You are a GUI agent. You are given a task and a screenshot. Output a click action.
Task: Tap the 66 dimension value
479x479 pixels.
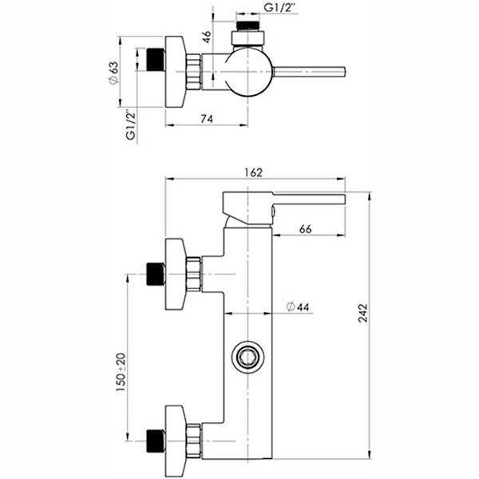point(305,229)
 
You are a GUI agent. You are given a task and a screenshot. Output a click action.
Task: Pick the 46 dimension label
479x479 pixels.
point(206,37)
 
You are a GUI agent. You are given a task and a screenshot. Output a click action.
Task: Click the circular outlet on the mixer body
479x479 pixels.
point(248,356)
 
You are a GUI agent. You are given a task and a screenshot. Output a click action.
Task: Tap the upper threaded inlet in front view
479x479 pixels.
point(156,274)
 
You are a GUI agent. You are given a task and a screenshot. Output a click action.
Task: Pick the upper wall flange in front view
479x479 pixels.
point(176,274)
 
